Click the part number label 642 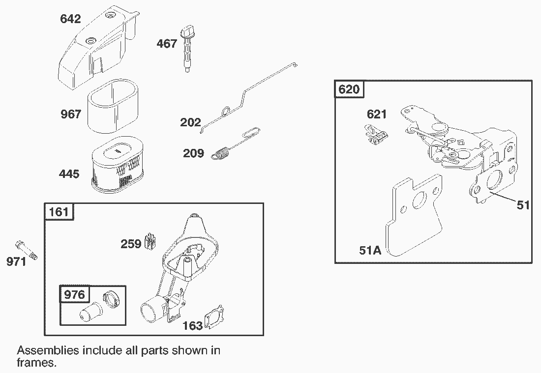pyautogui.click(x=70, y=19)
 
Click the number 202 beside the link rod pyautogui.click(x=190, y=122)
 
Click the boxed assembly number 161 pyautogui.click(x=59, y=212)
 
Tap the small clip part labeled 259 pyautogui.click(x=151, y=242)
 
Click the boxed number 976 pyautogui.click(x=75, y=295)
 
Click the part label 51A pyautogui.click(x=370, y=251)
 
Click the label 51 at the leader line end pyautogui.click(x=523, y=204)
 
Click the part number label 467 pyautogui.click(x=167, y=44)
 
